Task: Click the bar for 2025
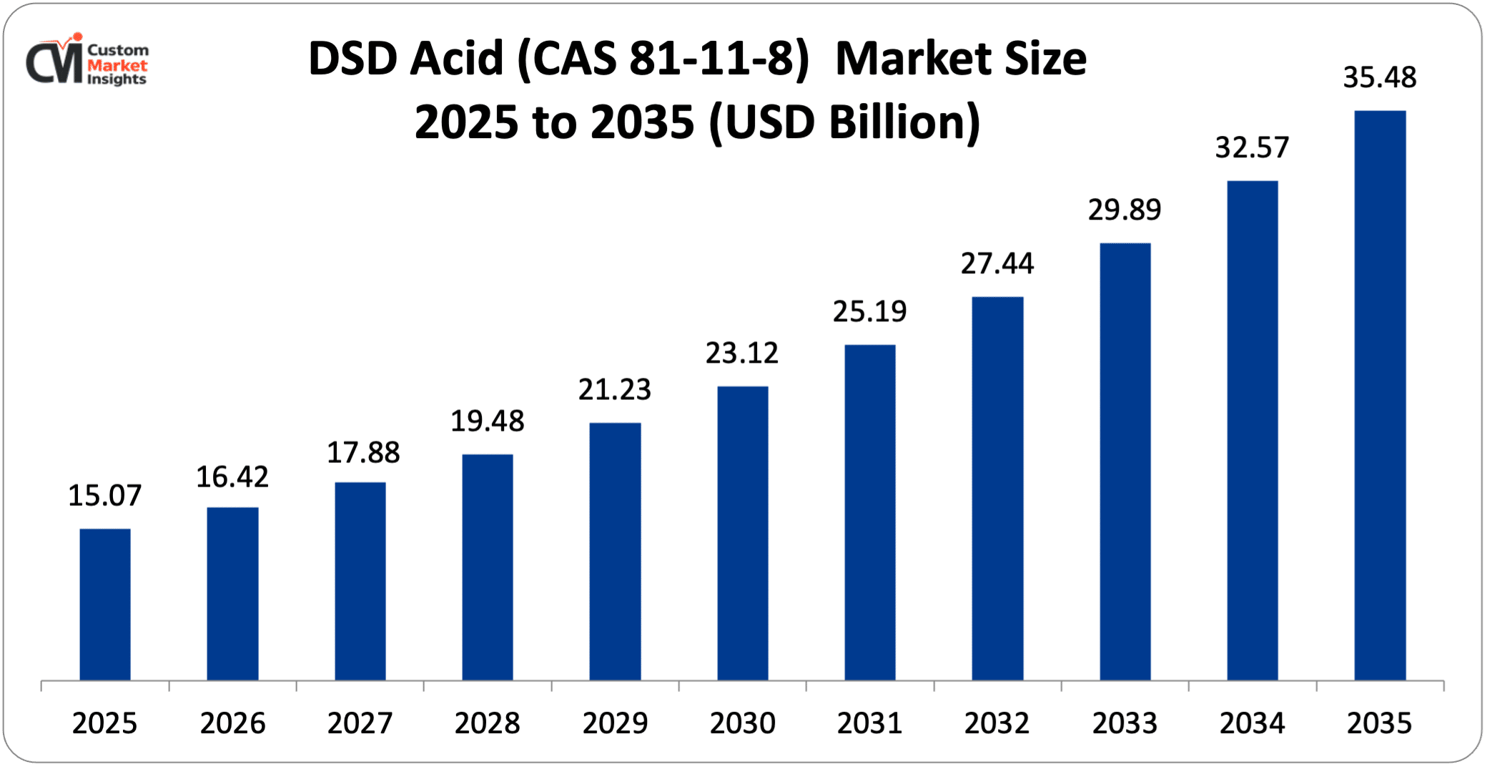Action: pyautogui.click(x=105, y=605)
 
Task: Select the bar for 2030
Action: pyautogui.click(x=743, y=533)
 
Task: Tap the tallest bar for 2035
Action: pyautogui.click(x=1380, y=395)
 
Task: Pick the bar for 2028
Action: pyautogui.click(x=488, y=567)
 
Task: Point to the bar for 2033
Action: pyautogui.click(x=1125, y=461)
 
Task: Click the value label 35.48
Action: pyautogui.click(x=1380, y=77)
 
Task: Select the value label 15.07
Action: pyautogui.click(x=105, y=495)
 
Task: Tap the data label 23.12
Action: pyautogui.click(x=742, y=353)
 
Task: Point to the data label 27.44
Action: pyautogui.click(x=997, y=263)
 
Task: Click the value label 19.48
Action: pyautogui.click(x=488, y=421)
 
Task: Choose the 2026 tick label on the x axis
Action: pyautogui.click(x=232, y=723)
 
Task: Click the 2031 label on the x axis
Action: pyautogui.click(x=870, y=723)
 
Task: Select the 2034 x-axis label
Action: pyautogui.click(x=1253, y=723)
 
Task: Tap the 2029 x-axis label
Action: pyautogui.click(x=615, y=723)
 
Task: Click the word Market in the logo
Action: pyautogui.click(x=117, y=65)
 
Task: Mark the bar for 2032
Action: pyautogui.click(x=997, y=488)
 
